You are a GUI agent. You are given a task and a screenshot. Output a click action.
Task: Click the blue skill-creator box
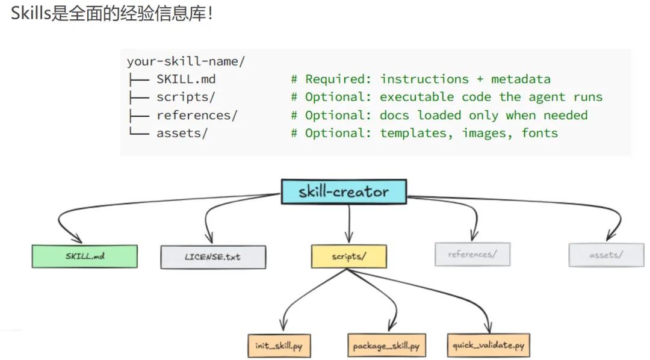pyautogui.click(x=344, y=191)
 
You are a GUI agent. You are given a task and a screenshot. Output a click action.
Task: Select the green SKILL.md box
pyautogui.click(x=85, y=256)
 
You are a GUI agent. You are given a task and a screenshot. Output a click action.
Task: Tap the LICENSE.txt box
pyautogui.click(x=213, y=257)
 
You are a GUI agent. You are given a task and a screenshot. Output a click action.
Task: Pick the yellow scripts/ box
pyautogui.click(x=348, y=256)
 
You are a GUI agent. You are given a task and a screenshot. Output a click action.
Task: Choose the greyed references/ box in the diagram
pyautogui.click(x=472, y=254)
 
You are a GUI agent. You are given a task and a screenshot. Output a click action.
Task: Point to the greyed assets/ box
pyautogui.click(x=606, y=255)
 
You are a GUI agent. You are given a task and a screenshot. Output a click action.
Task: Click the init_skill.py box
pyautogui.click(x=279, y=346)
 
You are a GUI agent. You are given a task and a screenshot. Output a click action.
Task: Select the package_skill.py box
pyautogui.click(x=386, y=346)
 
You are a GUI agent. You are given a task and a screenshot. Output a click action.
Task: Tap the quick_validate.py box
pyautogui.click(x=488, y=345)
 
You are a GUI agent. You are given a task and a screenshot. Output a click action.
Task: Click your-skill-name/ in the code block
pyautogui.click(x=186, y=61)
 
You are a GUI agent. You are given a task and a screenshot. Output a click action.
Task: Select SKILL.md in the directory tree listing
pyautogui.click(x=186, y=79)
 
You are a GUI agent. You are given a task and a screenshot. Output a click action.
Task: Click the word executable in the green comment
pyautogui.click(x=416, y=97)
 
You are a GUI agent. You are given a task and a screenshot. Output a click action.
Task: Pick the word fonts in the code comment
pyautogui.click(x=539, y=132)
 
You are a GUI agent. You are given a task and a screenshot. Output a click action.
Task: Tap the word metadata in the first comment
pyautogui.click(x=521, y=79)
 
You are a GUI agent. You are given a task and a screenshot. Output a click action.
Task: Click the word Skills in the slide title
pyautogui.click(x=31, y=13)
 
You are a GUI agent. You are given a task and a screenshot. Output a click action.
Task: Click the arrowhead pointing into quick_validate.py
pyautogui.click(x=488, y=327)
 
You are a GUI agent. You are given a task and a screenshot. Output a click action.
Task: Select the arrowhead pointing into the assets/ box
pyautogui.click(x=610, y=236)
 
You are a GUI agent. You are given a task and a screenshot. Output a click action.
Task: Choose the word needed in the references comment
pyautogui.click(x=565, y=115)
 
